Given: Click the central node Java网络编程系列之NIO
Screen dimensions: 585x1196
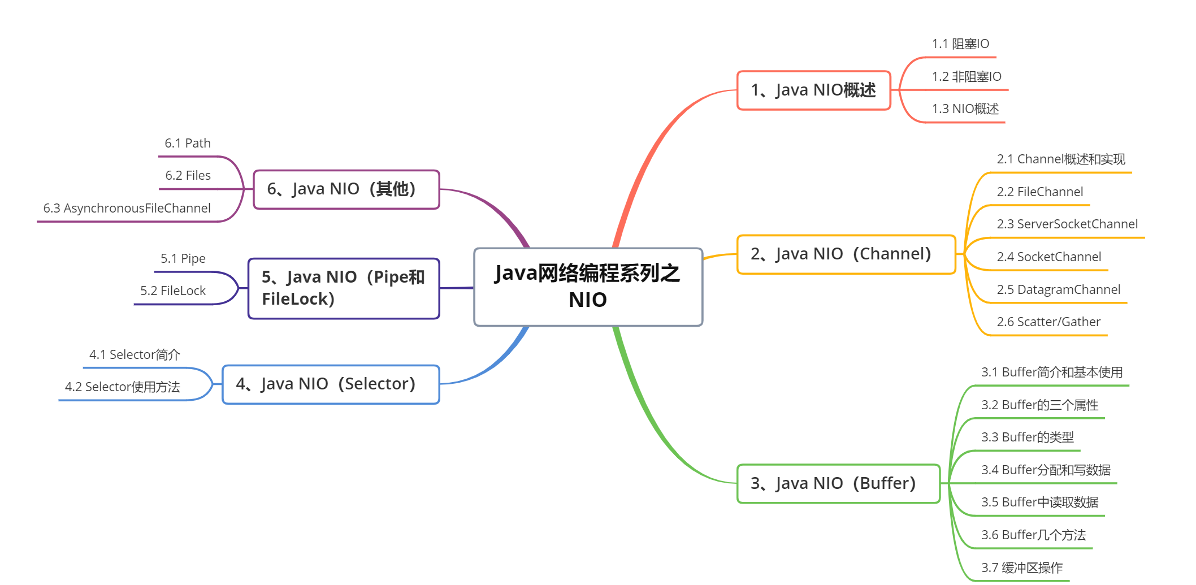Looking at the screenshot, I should click(x=588, y=287).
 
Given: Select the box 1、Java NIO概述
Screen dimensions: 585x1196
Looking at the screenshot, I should click(x=813, y=90).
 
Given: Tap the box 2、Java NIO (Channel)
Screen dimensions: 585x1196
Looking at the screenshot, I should click(x=846, y=254).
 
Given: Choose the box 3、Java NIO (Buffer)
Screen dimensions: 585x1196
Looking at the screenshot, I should click(x=838, y=483).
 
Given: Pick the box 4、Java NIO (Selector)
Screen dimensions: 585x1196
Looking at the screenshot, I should click(x=331, y=384).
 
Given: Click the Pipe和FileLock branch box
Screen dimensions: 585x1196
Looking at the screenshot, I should click(x=344, y=288).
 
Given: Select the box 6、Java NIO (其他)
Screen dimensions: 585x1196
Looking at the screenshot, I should click(x=346, y=189).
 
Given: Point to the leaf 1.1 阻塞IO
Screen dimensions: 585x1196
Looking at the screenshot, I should click(x=960, y=44).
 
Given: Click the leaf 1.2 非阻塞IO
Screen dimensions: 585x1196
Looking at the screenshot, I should click(x=967, y=77).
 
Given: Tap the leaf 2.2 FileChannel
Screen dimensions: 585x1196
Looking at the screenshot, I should click(x=1040, y=192).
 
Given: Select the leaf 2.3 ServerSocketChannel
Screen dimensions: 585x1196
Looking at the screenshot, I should click(x=1067, y=224).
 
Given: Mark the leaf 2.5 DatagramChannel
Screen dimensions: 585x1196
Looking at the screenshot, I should click(x=1058, y=290).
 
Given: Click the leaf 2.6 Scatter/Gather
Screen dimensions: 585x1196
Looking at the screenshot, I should click(x=1048, y=322).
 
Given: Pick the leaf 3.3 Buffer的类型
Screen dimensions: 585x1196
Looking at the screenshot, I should click(x=1027, y=437).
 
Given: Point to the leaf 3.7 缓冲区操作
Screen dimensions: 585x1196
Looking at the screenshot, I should click(x=1022, y=568).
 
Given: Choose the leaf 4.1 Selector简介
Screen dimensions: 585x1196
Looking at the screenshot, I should click(x=135, y=355).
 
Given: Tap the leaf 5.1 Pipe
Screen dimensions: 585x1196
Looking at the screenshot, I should click(x=183, y=259).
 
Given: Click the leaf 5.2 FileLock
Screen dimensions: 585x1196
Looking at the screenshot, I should click(x=173, y=291).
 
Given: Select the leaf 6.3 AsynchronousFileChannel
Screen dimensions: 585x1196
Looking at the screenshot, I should click(x=127, y=209).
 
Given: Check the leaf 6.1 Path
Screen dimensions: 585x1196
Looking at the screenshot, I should click(x=188, y=144).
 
